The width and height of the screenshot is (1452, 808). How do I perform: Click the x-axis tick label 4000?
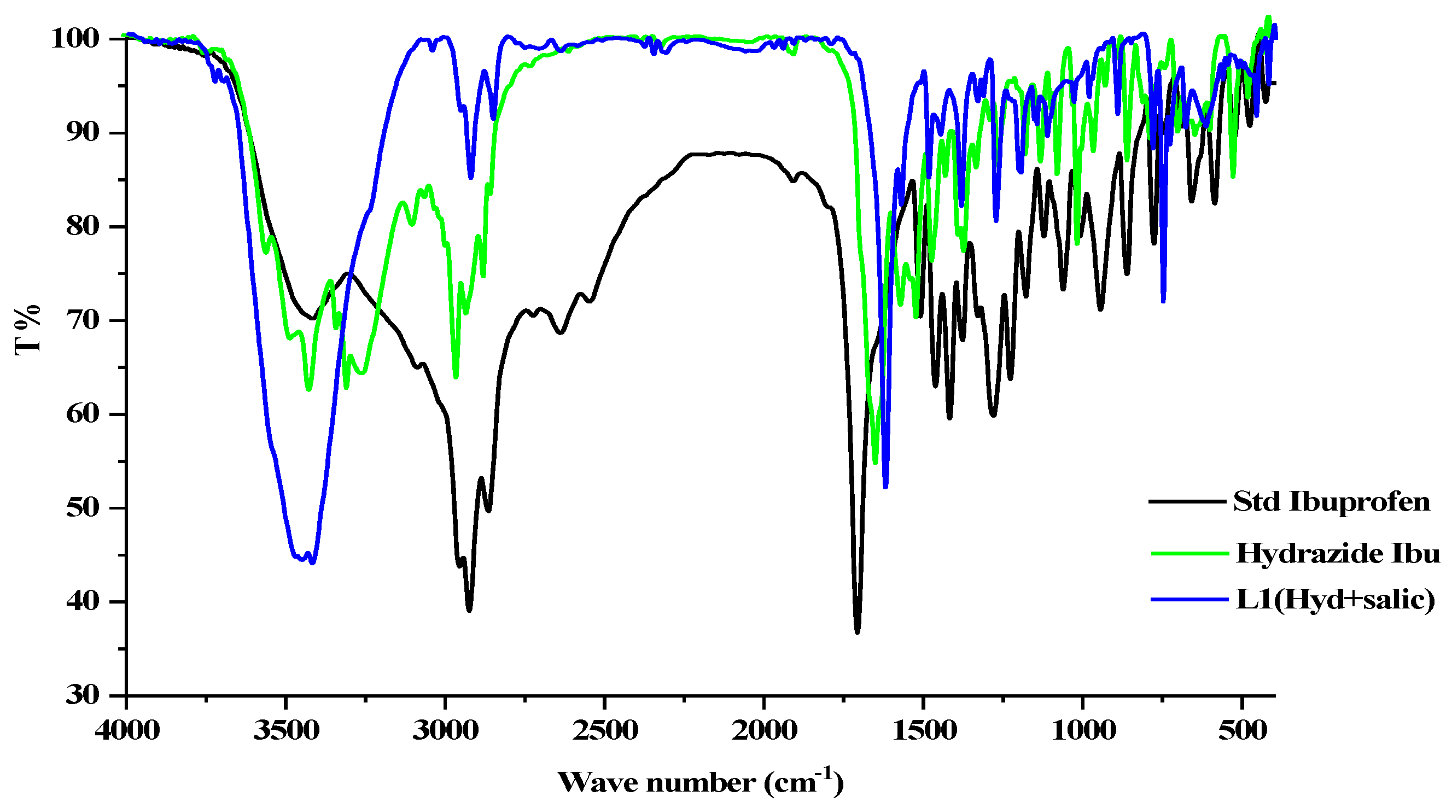tap(127, 731)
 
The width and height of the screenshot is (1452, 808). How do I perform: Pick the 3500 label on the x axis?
tap(287, 731)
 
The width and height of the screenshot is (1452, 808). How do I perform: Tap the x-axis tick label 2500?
tap(605, 731)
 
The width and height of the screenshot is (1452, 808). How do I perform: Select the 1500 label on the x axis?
tap(924, 731)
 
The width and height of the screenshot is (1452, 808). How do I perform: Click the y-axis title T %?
tap(27, 330)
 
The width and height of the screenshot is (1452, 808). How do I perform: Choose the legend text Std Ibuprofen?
tap(1331, 501)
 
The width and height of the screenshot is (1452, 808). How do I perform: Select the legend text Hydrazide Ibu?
tap(1338, 553)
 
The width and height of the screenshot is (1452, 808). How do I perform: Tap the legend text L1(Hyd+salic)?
tap(1336, 599)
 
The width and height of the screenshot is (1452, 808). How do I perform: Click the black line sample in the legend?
tap(1187, 501)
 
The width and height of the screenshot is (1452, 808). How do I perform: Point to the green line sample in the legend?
tap(1189, 553)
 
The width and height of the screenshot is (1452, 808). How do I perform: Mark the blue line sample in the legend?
tap(1189, 599)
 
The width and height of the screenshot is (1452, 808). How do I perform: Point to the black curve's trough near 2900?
tap(469, 610)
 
